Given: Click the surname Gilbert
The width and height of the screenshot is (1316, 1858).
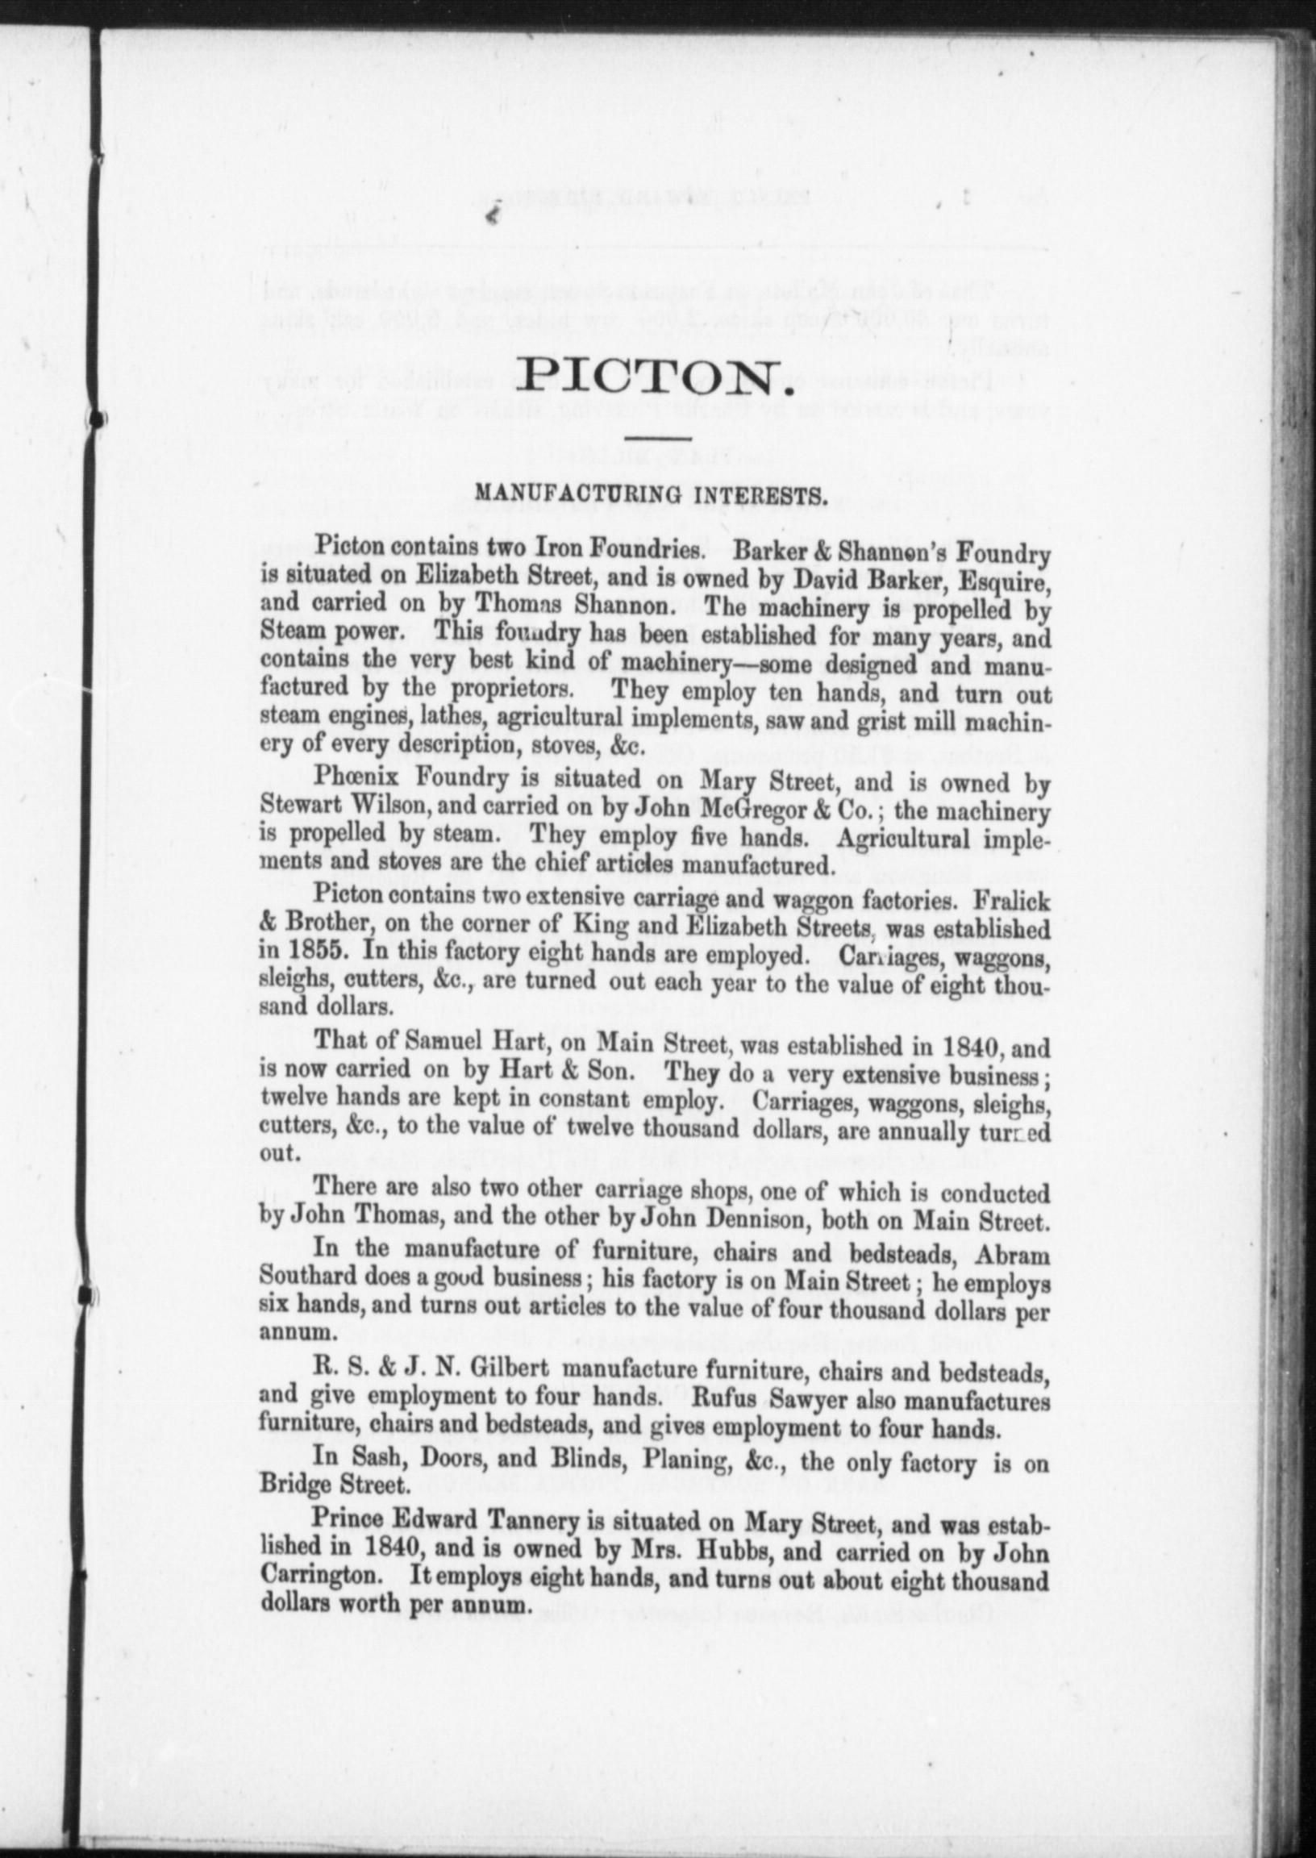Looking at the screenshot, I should click(509, 1369).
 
